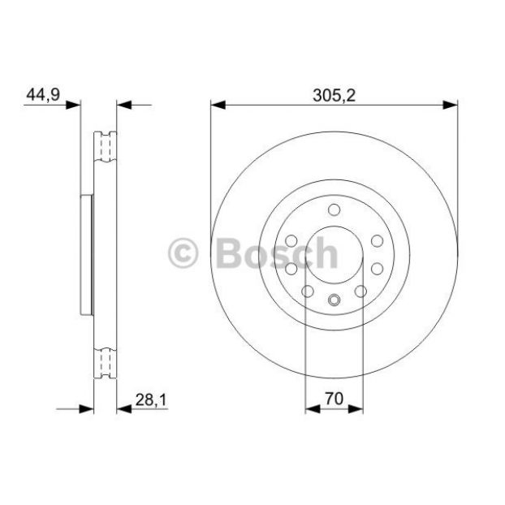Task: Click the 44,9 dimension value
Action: point(43,95)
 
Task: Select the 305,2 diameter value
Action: point(334,96)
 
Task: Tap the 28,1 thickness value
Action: point(151,400)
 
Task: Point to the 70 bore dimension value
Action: point(334,399)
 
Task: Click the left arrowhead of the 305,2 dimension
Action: point(218,105)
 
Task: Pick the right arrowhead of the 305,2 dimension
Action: point(450,105)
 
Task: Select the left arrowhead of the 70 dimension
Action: point(313,409)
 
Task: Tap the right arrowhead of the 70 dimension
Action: point(356,409)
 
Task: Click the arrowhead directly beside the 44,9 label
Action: point(73,105)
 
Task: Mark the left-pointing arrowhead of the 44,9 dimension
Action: point(124,105)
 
